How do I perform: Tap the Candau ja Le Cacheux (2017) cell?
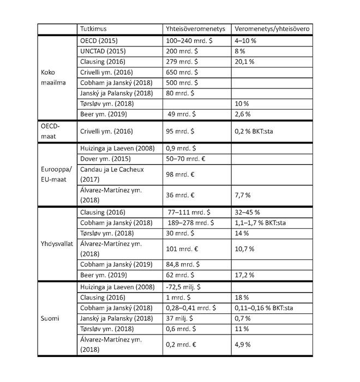[111, 174]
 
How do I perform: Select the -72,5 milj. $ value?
[185, 286]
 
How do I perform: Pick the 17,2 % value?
[244, 276]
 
